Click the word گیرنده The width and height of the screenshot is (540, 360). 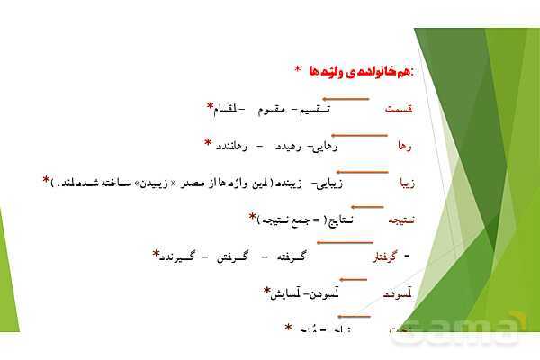184,256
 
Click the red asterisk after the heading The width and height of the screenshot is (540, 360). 297,69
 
